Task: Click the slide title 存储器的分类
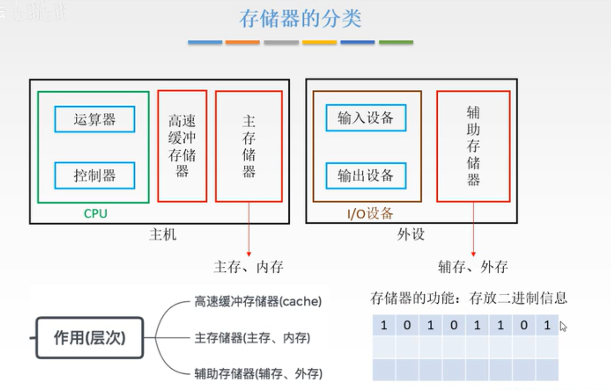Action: (x=300, y=19)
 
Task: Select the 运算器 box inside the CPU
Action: (x=95, y=119)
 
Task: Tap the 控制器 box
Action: (x=95, y=175)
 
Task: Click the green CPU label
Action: (x=95, y=214)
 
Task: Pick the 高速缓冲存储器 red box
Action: (x=182, y=146)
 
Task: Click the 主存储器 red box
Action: (x=249, y=146)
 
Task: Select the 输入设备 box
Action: (x=366, y=118)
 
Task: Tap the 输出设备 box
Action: (x=366, y=175)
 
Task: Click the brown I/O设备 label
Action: (x=370, y=214)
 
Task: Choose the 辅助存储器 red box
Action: (x=473, y=146)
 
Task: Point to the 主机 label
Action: (x=163, y=235)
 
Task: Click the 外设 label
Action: (x=411, y=235)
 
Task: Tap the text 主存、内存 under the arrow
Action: (x=249, y=267)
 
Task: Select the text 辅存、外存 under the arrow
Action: (x=473, y=267)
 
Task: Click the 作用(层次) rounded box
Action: (x=90, y=338)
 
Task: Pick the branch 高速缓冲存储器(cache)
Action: (x=258, y=302)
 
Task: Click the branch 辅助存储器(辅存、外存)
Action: (x=258, y=374)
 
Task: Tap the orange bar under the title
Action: (x=243, y=42)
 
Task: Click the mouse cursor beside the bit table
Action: (x=563, y=326)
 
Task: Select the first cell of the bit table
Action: (x=384, y=325)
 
